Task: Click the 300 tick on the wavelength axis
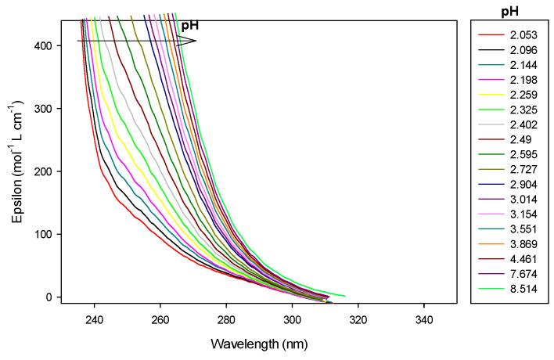pyautogui.click(x=293, y=319)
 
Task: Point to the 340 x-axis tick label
pyautogui.click(x=424, y=319)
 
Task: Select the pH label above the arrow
pyautogui.click(x=190, y=26)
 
